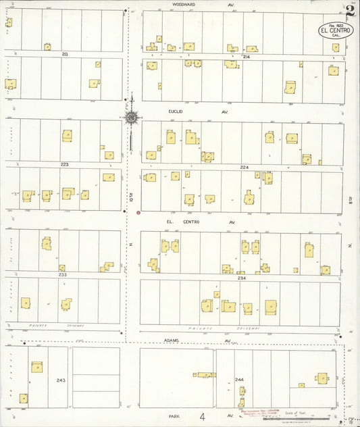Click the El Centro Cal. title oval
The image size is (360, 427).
(x=336, y=30)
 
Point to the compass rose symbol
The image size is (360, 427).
(x=131, y=118)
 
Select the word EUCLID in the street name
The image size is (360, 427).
(x=176, y=112)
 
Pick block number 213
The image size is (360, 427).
(x=64, y=53)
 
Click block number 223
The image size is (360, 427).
(x=64, y=164)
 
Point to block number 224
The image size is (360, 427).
(x=244, y=167)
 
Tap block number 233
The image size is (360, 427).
(x=63, y=274)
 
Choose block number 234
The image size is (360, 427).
(x=241, y=277)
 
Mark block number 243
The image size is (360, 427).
(x=61, y=380)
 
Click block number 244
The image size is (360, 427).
(x=238, y=380)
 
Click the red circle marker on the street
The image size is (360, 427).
(x=138, y=214)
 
